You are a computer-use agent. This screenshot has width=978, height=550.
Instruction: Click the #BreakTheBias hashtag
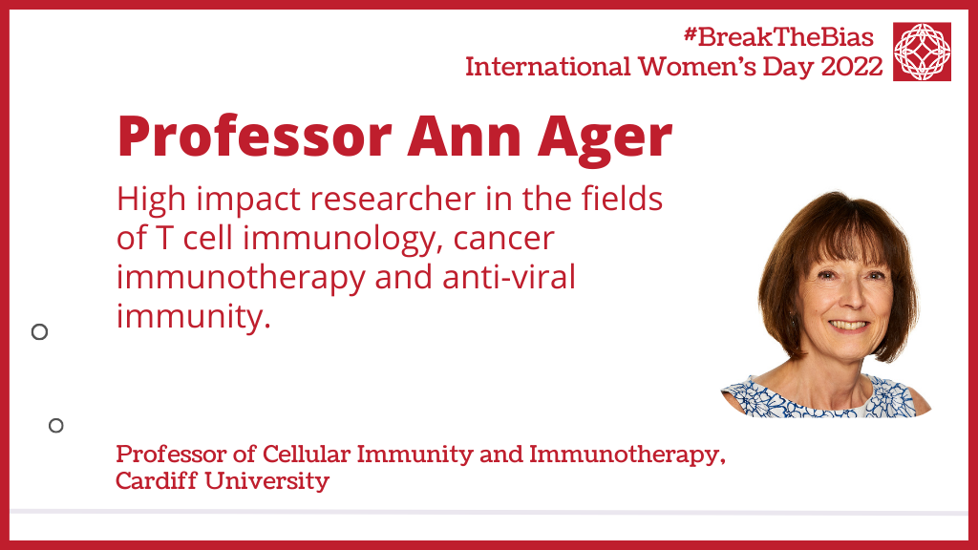tap(778, 37)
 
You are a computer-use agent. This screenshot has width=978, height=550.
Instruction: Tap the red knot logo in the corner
tap(922, 52)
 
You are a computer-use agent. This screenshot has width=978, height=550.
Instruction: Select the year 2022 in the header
tap(852, 67)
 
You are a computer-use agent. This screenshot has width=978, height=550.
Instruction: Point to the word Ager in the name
tap(605, 138)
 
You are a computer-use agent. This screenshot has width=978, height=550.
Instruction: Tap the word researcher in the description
tap(393, 200)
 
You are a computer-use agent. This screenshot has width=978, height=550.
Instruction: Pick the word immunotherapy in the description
tap(241, 279)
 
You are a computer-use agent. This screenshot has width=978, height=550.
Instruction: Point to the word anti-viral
tap(509, 277)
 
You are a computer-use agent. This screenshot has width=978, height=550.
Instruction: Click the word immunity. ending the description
tap(193, 318)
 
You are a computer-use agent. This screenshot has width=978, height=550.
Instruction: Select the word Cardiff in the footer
tap(157, 481)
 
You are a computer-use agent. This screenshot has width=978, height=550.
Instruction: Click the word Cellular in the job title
tap(307, 454)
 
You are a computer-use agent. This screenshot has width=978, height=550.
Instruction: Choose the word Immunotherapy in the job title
tap(627, 455)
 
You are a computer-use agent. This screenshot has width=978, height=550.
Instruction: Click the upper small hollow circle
tap(39, 331)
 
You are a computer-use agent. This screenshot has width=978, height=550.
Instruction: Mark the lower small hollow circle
tap(56, 425)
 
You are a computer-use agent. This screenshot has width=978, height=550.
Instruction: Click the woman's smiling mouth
tap(849, 326)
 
